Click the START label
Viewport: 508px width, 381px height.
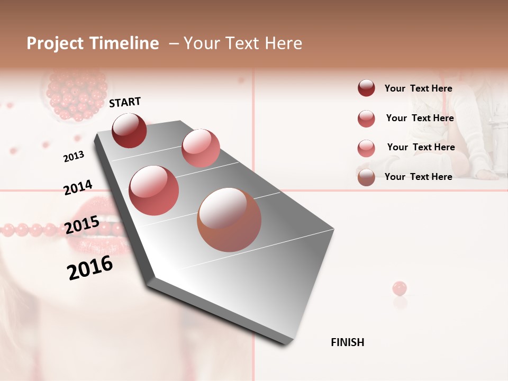125,102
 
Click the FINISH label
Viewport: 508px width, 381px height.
347,342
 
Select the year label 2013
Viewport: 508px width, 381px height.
74,157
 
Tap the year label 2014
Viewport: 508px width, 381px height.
78,187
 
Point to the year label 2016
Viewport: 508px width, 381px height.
90,268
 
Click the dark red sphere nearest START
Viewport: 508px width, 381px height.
129,130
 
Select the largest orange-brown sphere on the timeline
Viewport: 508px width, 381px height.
229,220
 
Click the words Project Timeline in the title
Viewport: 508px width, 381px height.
93,43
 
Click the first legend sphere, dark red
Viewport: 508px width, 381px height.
366,88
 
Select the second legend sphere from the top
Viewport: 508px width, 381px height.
366,119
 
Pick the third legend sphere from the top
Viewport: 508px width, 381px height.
366,148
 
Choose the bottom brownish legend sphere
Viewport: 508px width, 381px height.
366,177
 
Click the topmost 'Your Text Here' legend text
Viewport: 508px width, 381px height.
418,88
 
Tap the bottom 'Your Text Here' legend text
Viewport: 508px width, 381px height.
418,177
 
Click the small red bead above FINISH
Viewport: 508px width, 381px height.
400,288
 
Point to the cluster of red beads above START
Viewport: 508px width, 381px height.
77,95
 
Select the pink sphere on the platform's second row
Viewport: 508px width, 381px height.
201,148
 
